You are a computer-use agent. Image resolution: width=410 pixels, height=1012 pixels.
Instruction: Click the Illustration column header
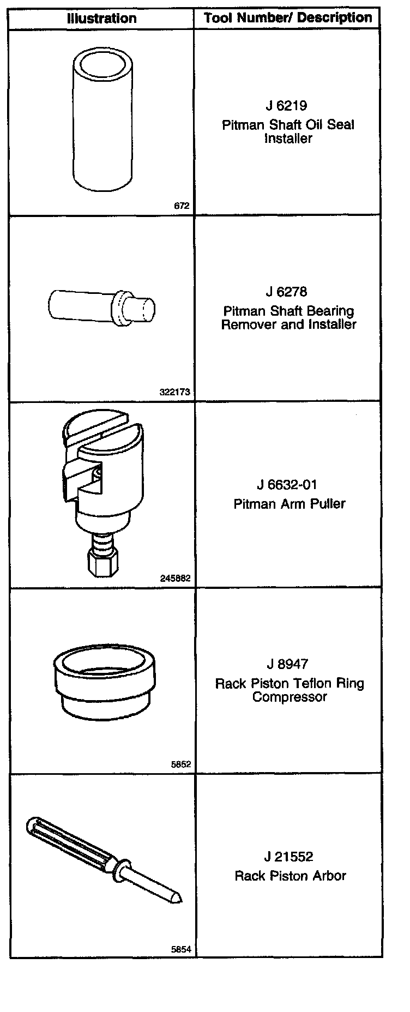(101, 19)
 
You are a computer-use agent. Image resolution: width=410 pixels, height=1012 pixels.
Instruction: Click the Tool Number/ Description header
(288, 18)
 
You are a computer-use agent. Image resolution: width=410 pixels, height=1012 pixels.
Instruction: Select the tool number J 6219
(287, 106)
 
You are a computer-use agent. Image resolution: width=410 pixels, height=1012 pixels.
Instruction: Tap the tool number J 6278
(287, 292)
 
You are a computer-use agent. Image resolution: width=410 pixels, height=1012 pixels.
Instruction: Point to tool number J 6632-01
(287, 485)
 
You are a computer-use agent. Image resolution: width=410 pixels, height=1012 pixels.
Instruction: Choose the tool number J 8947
(287, 664)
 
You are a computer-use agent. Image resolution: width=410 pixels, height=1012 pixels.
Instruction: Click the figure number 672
(182, 206)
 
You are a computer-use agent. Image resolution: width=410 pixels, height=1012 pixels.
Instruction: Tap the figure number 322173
(176, 392)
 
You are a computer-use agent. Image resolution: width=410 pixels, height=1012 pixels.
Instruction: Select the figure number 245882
(176, 578)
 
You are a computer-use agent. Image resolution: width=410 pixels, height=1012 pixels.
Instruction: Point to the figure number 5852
(181, 764)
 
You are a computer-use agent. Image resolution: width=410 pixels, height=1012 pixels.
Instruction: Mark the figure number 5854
(181, 949)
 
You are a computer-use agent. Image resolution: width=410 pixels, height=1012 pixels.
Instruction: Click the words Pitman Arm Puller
(290, 503)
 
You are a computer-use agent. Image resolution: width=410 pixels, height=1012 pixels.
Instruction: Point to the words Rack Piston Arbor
(290, 876)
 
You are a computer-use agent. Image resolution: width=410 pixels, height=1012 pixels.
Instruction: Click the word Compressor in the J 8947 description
(290, 697)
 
